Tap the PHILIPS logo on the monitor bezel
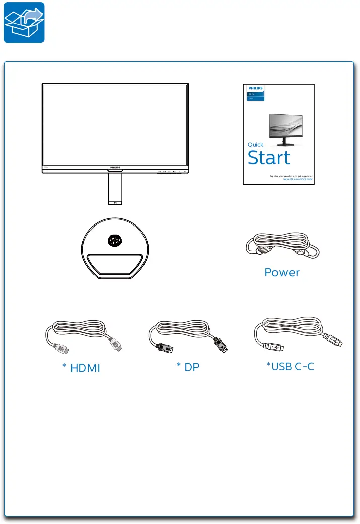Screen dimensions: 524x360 click(115, 166)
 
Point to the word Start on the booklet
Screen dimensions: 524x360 click(269, 158)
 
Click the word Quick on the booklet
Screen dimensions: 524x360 click(255, 144)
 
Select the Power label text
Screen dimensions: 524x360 click(282, 272)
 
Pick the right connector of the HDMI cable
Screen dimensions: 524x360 click(115, 345)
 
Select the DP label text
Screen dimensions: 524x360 click(188, 367)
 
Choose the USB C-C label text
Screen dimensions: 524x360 click(291, 366)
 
